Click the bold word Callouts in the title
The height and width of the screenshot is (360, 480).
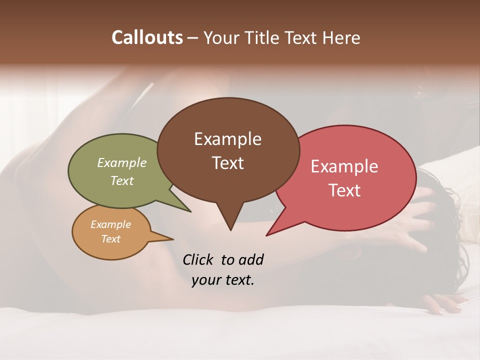click(147, 37)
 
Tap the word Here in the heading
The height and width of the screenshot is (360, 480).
click(341, 37)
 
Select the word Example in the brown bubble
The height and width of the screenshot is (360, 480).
click(227, 139)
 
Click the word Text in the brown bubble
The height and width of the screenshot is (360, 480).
click(227, 163)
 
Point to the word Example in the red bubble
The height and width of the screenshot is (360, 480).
click(344, 166)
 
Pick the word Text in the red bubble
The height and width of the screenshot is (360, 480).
click(344, 190)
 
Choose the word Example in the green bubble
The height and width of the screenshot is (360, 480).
click(122, 162)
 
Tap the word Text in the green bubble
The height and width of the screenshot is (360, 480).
click(122, 180)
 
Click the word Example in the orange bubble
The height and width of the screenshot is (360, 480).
click(111, 224)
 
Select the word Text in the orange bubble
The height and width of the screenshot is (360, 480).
click(111, 239)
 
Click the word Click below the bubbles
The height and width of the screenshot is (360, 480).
click(199, 260)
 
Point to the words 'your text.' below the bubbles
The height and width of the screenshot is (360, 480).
click(223, 280)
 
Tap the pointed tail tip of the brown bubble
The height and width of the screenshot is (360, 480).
click(230, 230)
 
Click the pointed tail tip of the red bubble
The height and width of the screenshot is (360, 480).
click(266, 235)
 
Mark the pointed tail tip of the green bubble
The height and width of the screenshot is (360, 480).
click(190, 211)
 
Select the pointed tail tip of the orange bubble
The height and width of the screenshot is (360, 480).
click(173, 239)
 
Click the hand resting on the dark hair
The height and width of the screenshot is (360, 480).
click(417, 220)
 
